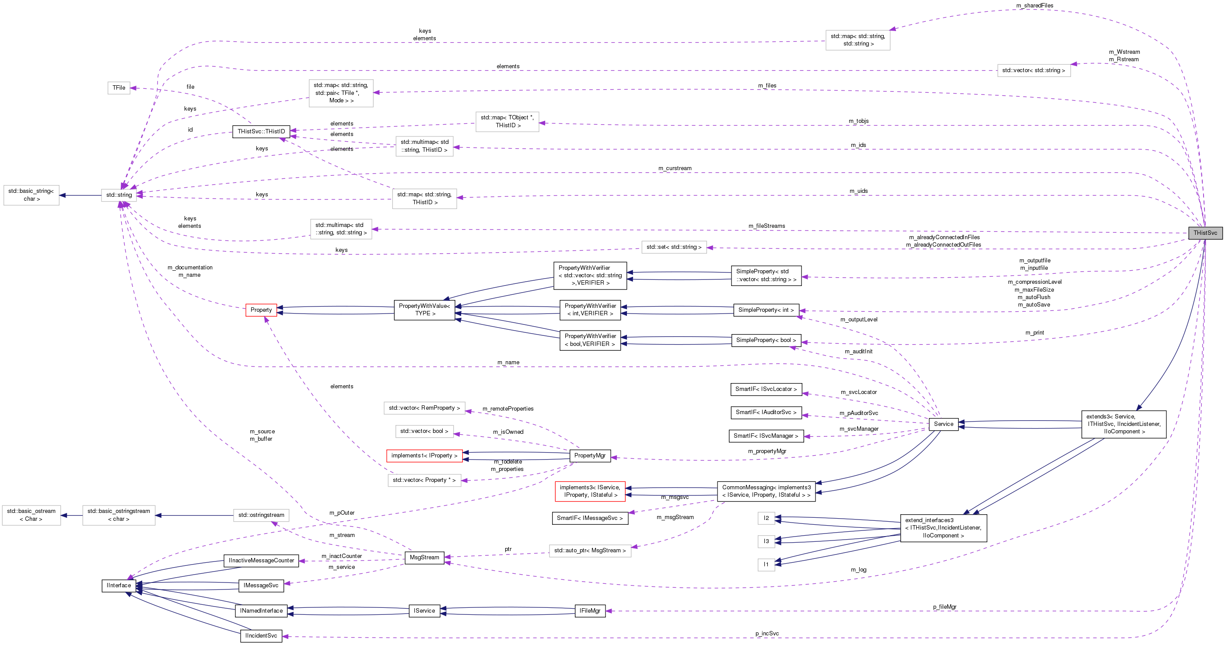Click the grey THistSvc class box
(x=1204, y=233)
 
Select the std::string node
(x=119, y=195)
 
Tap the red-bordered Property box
(x=261, y=310)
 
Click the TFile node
(x=119, y=88)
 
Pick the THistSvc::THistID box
(x=261, y=132)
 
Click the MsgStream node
(x=424, y=558)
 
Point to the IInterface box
(x=119, y=586)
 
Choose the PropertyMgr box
(x=590, y=456)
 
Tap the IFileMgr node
(x=590, y=611)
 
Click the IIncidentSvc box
(x=261, y=636)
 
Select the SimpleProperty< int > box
(x=766, y=310)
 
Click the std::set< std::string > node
(x=674, y=247)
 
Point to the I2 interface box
(x=766, y=518)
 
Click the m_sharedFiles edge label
(x=1034, y=6)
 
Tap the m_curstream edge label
(x=675, y=168)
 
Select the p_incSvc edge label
(x=767, y=634)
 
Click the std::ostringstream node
(x=261, y=515)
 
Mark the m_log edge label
(x=858, y=570)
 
